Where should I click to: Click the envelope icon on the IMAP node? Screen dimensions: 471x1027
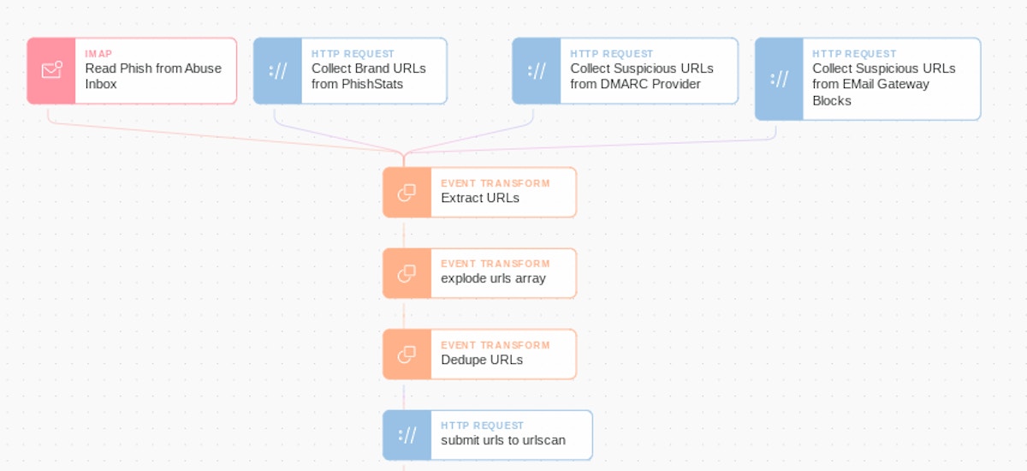[51, 71]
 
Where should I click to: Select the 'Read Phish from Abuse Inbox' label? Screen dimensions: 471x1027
[153, 76]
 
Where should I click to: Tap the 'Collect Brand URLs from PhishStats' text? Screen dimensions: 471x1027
[368, 76]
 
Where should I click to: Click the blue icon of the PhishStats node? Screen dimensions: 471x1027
[278, 71]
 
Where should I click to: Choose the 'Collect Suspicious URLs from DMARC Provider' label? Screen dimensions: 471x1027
[641, 76]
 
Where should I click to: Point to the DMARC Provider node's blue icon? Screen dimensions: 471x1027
[537, 71]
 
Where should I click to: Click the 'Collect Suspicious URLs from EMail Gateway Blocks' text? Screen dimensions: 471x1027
[883, 84]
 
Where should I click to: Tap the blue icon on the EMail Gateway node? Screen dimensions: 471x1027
[779, 79]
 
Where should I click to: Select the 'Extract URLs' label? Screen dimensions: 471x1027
[480, 198]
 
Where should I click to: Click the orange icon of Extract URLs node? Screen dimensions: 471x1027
[407, 193]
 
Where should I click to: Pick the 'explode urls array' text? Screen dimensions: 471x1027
[493, 278]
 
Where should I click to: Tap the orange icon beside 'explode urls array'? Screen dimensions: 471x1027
[407, 273]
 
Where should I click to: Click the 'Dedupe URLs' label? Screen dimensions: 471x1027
[482, 360]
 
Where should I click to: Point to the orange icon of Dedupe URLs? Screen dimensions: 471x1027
[407, 355]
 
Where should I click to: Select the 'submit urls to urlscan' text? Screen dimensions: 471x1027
[503, 440]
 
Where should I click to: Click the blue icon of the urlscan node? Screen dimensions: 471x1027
[407, 435]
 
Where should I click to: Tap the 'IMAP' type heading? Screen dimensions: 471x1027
[98, 54]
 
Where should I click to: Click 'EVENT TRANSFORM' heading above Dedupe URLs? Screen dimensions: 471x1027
[496, 345]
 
